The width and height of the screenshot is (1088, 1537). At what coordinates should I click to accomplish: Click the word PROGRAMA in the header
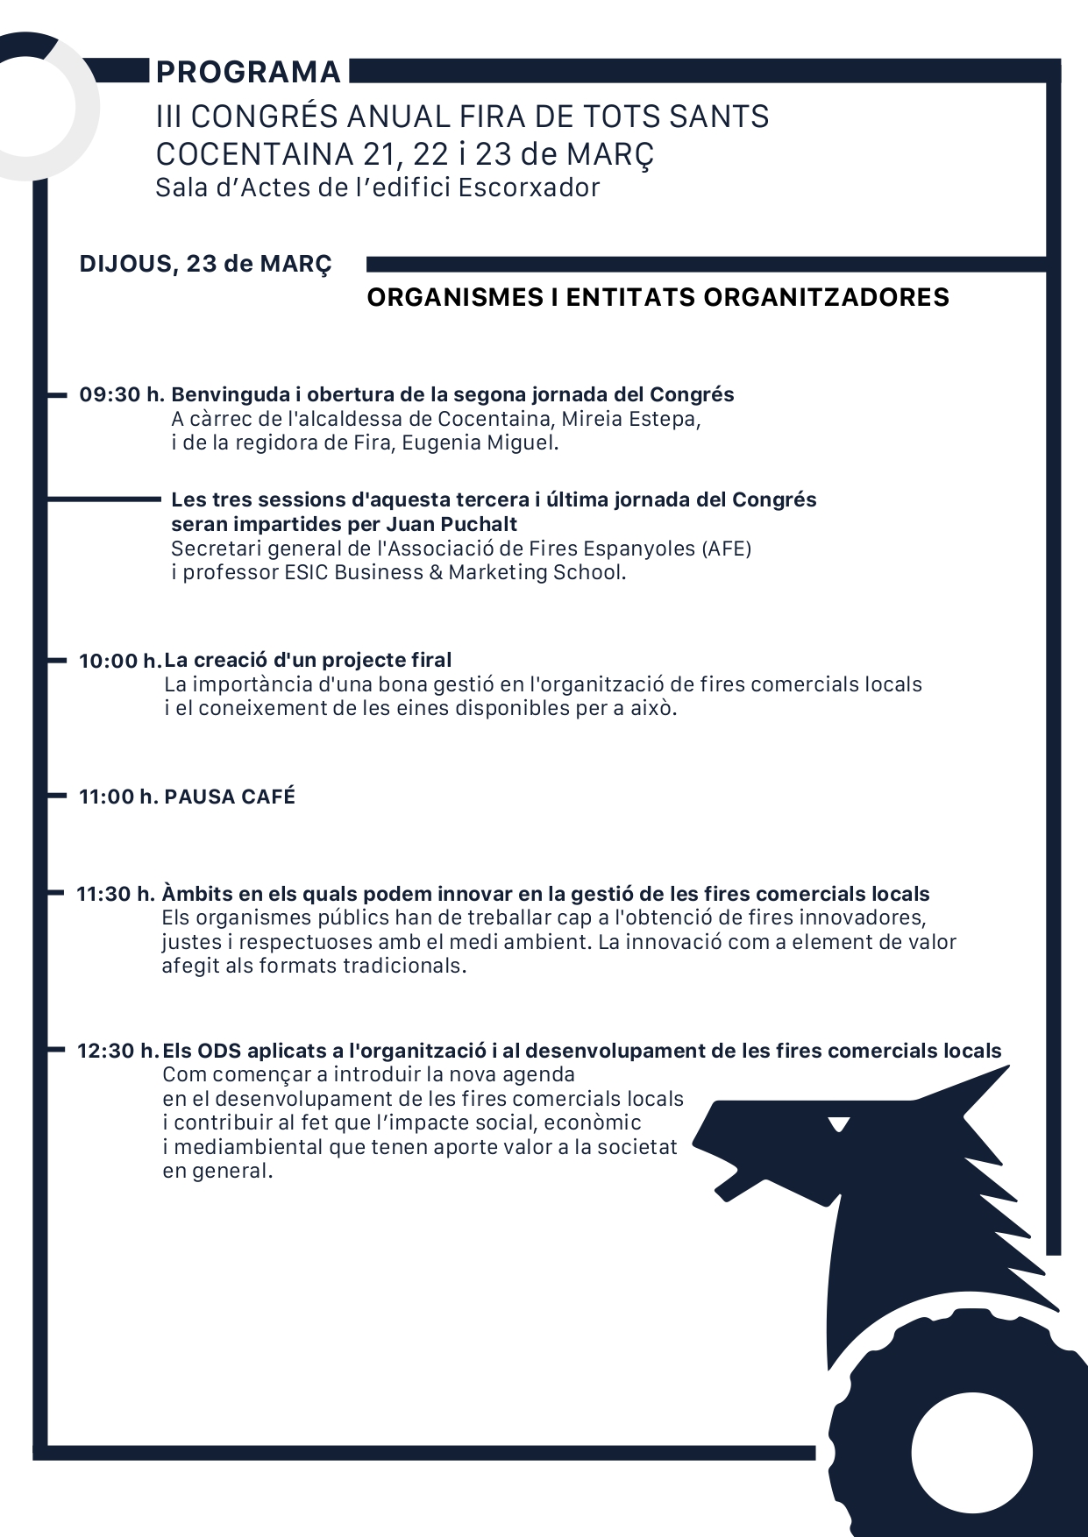tap(248, 72)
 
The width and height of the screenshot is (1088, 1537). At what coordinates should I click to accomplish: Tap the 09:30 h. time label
tap(122, 395)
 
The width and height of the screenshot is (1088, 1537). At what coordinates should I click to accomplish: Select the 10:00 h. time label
tap(120, 662)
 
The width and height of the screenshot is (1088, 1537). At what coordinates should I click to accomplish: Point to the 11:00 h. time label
tap(118, 797)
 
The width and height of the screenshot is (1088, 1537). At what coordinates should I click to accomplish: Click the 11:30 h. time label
tap(116, 895)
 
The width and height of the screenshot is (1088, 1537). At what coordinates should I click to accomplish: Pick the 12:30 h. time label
tap(118, 1052)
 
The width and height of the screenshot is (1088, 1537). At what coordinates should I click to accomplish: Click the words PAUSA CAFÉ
tap(230, 797)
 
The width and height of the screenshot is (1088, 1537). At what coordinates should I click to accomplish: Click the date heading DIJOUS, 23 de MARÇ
tap(206, 264)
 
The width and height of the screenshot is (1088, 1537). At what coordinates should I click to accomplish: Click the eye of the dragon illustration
tap(839, 1123)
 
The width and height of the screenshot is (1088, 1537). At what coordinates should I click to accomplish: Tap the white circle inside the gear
tap(971, 1452)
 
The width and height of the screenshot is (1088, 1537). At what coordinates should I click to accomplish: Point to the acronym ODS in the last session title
tap(218, 1052)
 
